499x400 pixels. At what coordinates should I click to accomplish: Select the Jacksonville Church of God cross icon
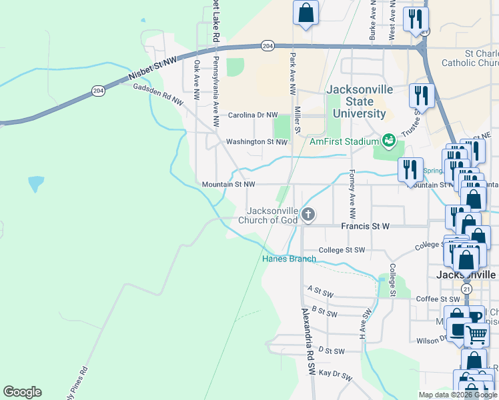click(308, 215)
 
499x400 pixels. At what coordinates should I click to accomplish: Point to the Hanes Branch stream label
click(288, 259)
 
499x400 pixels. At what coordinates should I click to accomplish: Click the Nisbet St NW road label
click(153, 70)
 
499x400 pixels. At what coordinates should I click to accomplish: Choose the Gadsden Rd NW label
click(158, 94)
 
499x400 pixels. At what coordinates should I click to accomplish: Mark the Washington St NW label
click(256, 141)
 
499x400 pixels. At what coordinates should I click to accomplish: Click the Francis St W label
click(365, 227)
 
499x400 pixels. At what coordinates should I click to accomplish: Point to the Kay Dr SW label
click(335, 375)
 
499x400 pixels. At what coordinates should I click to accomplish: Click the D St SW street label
click(331, 350)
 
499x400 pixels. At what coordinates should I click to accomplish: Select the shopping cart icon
click(476, 335)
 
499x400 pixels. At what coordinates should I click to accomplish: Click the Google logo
click(22, 392)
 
